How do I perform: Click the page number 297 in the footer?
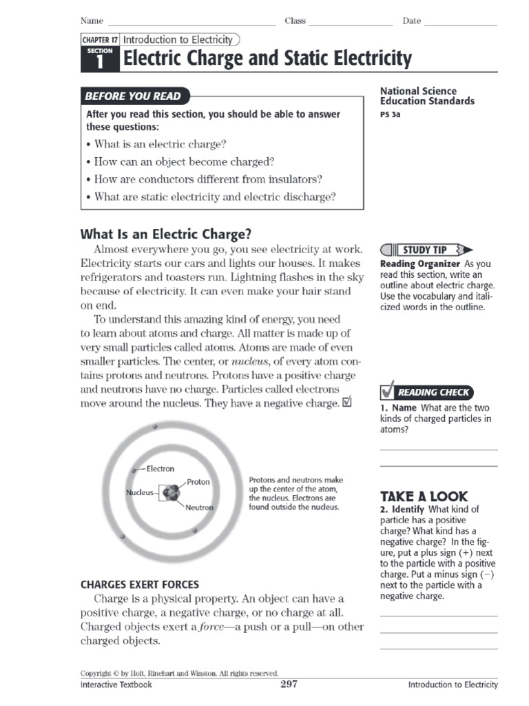(289, 684)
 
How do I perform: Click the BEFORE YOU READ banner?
(134, 97)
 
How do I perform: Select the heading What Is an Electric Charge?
(166, 234)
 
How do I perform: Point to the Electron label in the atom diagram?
(160, 469)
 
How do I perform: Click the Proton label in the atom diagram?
(198, 482)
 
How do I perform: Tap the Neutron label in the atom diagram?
(199, 508)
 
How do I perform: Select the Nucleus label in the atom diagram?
(140, 493)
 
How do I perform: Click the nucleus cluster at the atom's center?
(169, 494)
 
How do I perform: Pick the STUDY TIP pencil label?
(425, 250)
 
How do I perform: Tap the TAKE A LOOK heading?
(424, 496)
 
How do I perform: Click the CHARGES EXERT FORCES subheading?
(140, 585)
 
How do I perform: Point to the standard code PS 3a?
(390, 115)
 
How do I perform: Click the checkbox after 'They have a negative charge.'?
(346, 402)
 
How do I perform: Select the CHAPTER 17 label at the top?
(101, 41)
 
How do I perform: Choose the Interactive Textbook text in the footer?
(116, 685)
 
